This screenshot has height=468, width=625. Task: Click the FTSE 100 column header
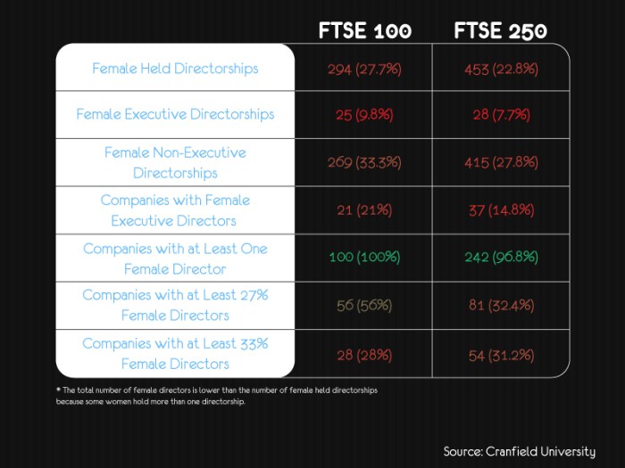(365, 30)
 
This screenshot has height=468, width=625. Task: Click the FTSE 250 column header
(500, 30)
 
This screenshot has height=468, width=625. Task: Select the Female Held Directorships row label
(175, 68)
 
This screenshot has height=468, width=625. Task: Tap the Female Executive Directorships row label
(175, 114)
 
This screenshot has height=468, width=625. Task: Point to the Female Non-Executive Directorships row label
(175, 162)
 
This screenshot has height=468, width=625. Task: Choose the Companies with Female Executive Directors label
(175, 210)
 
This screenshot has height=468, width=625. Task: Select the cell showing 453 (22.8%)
(500, 69)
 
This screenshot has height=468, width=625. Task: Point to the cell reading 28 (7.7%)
(500, 115)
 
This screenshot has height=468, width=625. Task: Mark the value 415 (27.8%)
(500, 162)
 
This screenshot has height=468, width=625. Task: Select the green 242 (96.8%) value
(500, 258)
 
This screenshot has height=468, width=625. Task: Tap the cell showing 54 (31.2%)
(500, 354)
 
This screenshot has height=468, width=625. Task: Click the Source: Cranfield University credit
(520, 451)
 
